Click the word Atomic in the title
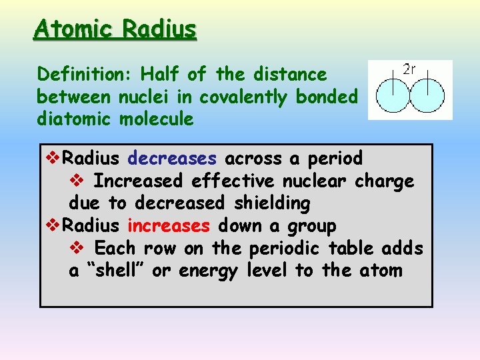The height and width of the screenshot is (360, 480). coord(69,29)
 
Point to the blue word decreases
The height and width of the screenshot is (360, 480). coord(172,159)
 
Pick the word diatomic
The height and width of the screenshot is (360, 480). coord(75,120)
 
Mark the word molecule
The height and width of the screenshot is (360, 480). coord(157,120)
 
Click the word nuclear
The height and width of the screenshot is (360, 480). coord(315,181)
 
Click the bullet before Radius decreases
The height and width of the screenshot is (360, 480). coord(53,159)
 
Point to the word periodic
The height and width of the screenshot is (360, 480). coord(285,249)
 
